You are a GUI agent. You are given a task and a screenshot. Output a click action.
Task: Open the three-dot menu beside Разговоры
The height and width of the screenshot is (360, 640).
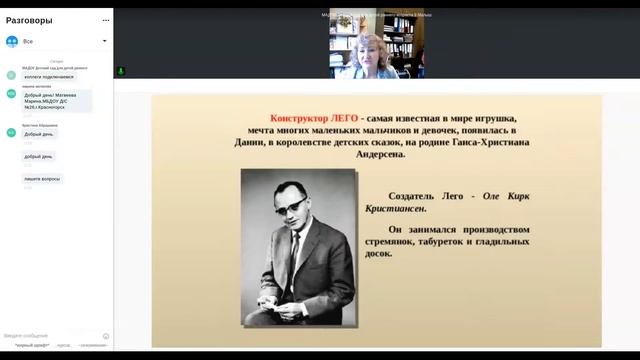click(x=105, y=20)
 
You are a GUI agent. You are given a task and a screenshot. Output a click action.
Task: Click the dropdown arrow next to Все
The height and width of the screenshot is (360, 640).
click(x=105, y=42)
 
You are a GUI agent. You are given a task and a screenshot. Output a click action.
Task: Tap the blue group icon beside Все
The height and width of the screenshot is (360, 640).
click(x=12, y=42)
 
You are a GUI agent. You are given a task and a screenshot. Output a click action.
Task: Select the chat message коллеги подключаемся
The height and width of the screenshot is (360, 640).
click(x=48, y=76)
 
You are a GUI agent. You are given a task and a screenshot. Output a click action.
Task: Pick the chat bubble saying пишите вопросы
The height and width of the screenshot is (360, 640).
click(x=43, y=179)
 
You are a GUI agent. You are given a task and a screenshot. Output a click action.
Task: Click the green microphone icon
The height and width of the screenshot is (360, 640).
click(x=121, y=72)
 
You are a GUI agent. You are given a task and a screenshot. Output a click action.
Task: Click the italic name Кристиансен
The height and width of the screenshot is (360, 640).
click(x=399, y=209)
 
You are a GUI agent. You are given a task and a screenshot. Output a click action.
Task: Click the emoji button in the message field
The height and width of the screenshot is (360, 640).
click(x=106, y=336)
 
